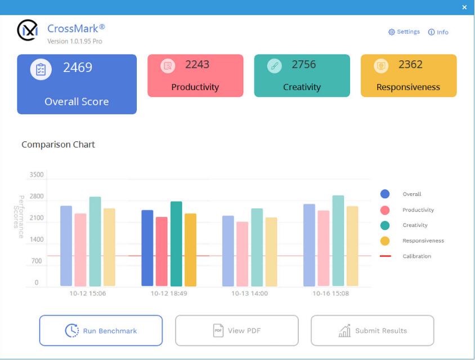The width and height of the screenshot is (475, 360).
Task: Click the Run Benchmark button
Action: click(x=101, y=331)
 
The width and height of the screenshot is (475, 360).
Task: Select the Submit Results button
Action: click(x=372, y=331)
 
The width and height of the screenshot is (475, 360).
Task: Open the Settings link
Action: click(x=404, y=32)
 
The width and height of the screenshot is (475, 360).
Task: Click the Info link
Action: click(x=438, y=32)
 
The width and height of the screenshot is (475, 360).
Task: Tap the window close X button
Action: click(x=464, y=7)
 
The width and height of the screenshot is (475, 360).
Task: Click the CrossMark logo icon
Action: click(x=28, y=30)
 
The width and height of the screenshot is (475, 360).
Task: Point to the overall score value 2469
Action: click(x=78, y=68)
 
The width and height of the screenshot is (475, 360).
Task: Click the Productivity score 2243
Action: click(x=197, y=65)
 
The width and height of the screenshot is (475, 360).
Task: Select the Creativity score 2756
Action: click(x=304, y=65)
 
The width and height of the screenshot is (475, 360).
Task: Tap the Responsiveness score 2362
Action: click(x=410, y=65)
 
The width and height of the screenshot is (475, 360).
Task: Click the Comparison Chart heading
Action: click(x=58, y=145)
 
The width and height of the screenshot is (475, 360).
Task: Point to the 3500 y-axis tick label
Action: click(x=36, y=175)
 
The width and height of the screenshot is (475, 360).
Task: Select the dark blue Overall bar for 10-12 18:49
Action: click(x=147, y=248)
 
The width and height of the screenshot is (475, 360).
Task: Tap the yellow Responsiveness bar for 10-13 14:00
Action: click(x=271, y=252)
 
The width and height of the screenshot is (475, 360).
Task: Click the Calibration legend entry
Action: click(x=416, y=256)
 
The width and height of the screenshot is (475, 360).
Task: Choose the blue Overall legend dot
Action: click(x=385, y=194)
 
